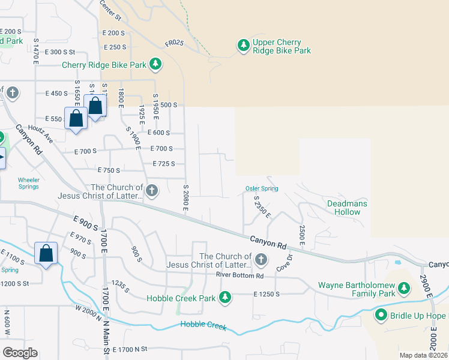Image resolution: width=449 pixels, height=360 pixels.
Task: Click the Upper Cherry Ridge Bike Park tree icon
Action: [x=243, y=46]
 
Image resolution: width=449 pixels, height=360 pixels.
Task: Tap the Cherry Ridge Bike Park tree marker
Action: [x=155, y=64]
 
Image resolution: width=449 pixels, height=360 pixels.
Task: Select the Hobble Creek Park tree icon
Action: [x=225, y=297]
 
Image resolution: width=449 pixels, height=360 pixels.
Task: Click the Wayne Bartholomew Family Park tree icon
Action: [x=404, y=289]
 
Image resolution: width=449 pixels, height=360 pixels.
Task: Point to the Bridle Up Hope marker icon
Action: [x=381, y=315]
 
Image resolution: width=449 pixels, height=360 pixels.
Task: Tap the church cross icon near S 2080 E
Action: [x=152, y=191]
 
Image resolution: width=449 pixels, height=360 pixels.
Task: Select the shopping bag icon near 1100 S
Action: [x=46, y=254]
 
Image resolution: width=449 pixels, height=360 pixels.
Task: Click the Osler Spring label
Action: [x=262, y=189]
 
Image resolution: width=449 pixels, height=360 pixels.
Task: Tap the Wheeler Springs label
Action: [x=28, y=183]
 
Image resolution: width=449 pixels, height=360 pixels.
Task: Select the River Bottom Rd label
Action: [x=240, y=275]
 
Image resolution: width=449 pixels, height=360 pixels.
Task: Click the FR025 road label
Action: [x=173, y=44]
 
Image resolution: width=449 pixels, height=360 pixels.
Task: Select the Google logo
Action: [x=20, y=353]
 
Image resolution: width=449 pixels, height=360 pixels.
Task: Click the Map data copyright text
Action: [x=424, y=355]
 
